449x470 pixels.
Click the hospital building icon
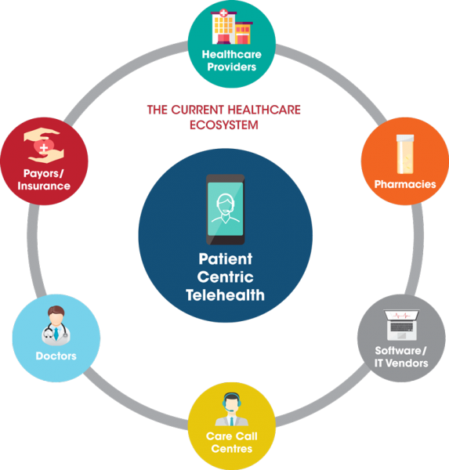(231, 27)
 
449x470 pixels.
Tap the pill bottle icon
(405, 154)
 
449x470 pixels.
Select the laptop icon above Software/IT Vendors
(401, 325)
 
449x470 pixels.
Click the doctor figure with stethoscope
(56, 326)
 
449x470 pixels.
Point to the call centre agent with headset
(231, 409)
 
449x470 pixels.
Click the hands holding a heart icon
(44, 146)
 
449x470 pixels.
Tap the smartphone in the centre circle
(225, 209)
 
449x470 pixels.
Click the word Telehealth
(225, 295)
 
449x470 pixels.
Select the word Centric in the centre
(225, 277)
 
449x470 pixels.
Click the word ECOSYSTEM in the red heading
(224, 125)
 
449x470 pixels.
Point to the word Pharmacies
(405, 184)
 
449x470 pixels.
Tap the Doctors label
(56, 356)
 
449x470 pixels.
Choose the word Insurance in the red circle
(44, 186)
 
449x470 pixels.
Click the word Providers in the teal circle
(231, 67)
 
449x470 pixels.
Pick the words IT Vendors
(401, 363)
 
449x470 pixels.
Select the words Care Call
(231, 436)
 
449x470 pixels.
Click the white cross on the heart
(44, 147)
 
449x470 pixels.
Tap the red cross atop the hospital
(223, 13)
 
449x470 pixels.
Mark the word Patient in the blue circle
(225, 259)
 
